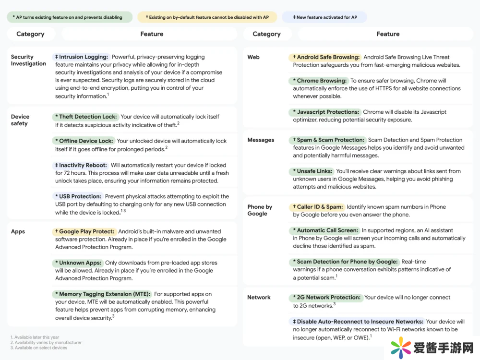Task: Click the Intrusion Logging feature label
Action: pyautogui.click(x=81, y=57)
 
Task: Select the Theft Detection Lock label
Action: pyautogui.click(x=84, y=117)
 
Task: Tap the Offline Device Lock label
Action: pyautogui.click(x=83, y=141)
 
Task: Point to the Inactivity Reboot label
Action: pyautogui.click(x=80, y=165)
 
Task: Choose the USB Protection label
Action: pyautogui.click(x=78, y=196)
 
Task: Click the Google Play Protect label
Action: pyautogui.click(x=84, y=231)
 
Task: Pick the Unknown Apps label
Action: pyautogui.click(x=77, y=263)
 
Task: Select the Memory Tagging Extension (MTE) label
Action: pyautogui.click(x=102, y=294)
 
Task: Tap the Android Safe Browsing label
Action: pyautogui.click(x=324, y=57)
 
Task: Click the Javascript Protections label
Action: pyautogui.click(x=325, y=112)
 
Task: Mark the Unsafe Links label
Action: pyautogui.click(x=312, y=171)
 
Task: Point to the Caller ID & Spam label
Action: pyautogui.click(x=317, y=207)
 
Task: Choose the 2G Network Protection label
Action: pyautogui.click(x=325, y=297)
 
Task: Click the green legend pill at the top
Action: pyautogui.click(x=67, y=17)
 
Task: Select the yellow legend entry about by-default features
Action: pyautogui.click(x=207, y=17)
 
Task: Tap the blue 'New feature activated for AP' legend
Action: pyautogui.click(x=324, y=17)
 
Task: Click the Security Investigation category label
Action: pyautogui.click(x=28, y=60)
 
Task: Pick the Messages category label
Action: pyautogui.click(x=261, y=140)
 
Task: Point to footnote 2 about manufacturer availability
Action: pyautogui.click(x=46, y=343)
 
